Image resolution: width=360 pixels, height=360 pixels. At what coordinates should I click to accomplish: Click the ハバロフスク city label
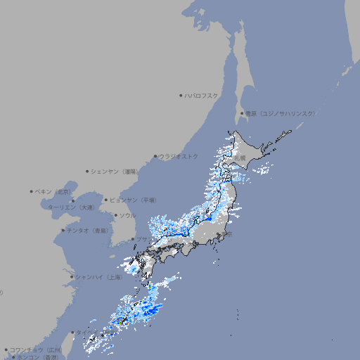pyautogui.click(x=202, y=95)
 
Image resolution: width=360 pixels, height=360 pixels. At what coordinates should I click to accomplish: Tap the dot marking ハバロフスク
pyautogui.click(x=181, y=95)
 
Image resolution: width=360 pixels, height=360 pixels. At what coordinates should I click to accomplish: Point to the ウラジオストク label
pyautogui.click(x=179, y=156)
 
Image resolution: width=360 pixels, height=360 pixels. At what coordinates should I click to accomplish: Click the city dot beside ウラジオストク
pyautogui.click(x=155, y=156)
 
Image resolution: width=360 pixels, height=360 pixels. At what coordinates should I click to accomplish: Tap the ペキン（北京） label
pyautogui.click(x=54, y=191)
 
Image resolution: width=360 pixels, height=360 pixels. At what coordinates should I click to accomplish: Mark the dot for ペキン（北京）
pyautogui.click(x=32, y=191)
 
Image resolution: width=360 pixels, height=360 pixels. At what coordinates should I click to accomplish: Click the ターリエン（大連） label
pyautogui.click(x=71, y=207)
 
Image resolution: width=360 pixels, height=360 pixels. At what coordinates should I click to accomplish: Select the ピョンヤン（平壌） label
pyautogui.click(x=134, y=200)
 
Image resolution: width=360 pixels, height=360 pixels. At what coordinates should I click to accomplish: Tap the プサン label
pyautogui.click(x=143, y=239)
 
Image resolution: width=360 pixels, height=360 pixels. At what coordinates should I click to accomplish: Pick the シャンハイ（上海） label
pyautogui.click(x=99, y=277)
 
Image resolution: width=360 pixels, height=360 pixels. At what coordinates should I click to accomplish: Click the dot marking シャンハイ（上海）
pyautogui.click(x=72, y=277)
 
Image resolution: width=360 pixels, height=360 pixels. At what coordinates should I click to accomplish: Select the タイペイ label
pyautogui.click(x=83, y=332)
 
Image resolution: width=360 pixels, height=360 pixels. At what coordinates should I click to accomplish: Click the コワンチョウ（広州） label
pyautogui.click(x=35, y=349)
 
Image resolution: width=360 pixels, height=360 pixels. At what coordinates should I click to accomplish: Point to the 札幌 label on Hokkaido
pyautogui.click(x=241, y=158)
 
